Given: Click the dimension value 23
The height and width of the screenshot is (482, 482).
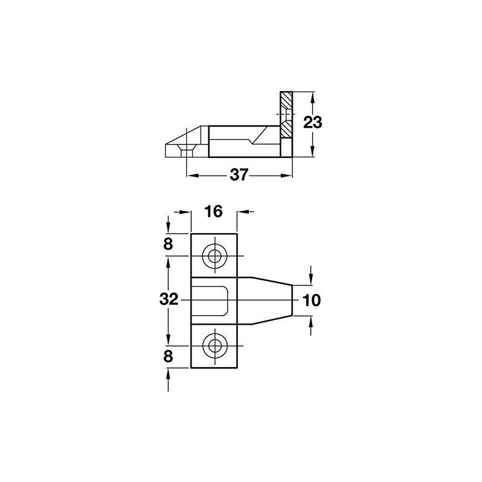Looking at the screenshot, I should pos(313,123).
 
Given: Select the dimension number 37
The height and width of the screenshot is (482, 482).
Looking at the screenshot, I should pos(239,175).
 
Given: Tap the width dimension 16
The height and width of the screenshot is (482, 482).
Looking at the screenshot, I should pos(214,211).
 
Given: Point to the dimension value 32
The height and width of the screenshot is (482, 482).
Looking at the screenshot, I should pos(170,299).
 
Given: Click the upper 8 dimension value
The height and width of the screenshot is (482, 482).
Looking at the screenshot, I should pos(168,244).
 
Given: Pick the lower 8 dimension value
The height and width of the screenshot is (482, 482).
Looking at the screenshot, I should pos(168,355).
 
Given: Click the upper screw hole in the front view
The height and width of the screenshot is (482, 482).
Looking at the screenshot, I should pos(214,257).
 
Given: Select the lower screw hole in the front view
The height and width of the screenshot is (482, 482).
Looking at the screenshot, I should pos(214,346).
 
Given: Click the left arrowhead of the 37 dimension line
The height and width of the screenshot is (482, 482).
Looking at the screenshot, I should pos(192,175).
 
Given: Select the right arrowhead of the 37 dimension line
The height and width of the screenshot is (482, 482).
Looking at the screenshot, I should pos(287,175).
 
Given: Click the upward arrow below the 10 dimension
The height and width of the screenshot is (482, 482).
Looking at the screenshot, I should pos(311,322).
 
